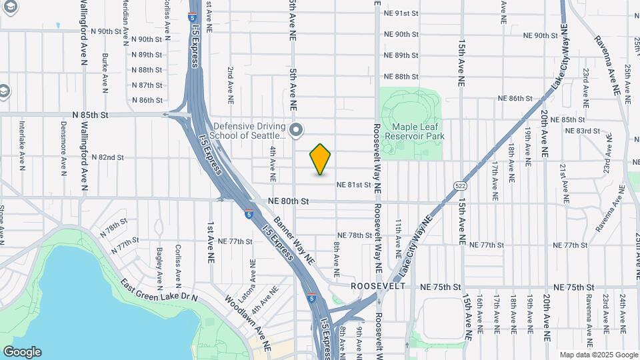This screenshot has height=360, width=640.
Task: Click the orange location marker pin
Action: [321, 159]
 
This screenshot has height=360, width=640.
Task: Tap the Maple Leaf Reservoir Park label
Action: [418, 131]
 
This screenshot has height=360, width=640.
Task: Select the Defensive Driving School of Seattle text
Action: [250, 130]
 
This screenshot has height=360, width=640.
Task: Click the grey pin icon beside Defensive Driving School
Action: [298, 129]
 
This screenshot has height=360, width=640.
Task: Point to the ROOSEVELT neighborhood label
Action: [379, 286]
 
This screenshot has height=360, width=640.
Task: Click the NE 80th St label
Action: [289, 201]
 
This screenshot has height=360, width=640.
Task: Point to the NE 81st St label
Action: [353, 185]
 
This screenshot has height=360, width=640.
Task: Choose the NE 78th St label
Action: [355, 235]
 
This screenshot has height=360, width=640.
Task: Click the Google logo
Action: [22, 352]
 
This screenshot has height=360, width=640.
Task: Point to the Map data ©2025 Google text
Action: [597, 355]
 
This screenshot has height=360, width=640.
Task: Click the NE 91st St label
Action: [401, 13]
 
